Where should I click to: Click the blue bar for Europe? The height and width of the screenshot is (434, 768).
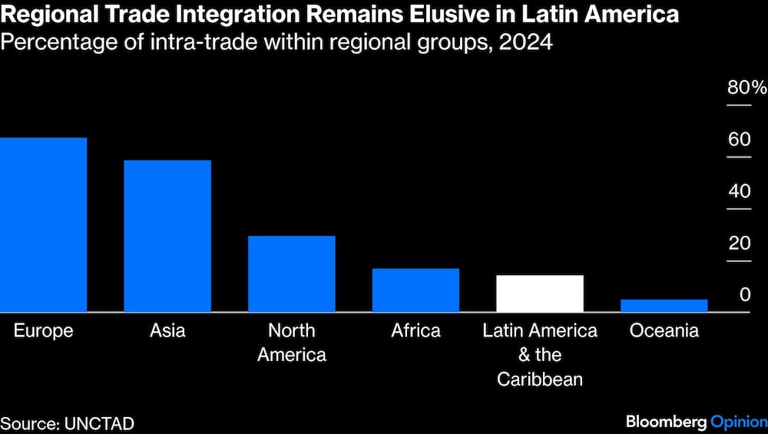(x=43, y=224)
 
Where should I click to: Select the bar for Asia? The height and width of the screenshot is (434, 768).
(x=167, y=236)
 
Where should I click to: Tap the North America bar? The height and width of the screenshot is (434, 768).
(x=292, y=273)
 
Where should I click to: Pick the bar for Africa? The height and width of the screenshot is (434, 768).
(x=415, y=290)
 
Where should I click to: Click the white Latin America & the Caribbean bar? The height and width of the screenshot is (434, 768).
(x=540, y=293)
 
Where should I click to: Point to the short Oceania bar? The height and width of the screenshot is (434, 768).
(x=664, y=305)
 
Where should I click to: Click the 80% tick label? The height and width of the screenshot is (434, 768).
(x=746, y=88)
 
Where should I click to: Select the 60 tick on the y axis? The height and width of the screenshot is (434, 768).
(x=740, y=140)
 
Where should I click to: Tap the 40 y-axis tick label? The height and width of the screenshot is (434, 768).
(x=740, y=191)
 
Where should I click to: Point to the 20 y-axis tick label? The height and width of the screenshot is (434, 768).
(x=740, y=244)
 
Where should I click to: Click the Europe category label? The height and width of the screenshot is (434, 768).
(x=43, y=331)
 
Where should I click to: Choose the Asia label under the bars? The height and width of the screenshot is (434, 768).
(x=167, y=331)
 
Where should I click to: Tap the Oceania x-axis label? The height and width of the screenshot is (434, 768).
(x=664, y=331)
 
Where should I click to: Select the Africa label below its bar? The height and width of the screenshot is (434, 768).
(x=415, y=331)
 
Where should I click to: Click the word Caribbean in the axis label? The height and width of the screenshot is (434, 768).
(x=540, y=379)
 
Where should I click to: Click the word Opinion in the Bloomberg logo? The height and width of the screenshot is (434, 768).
(x=738, y=422)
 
